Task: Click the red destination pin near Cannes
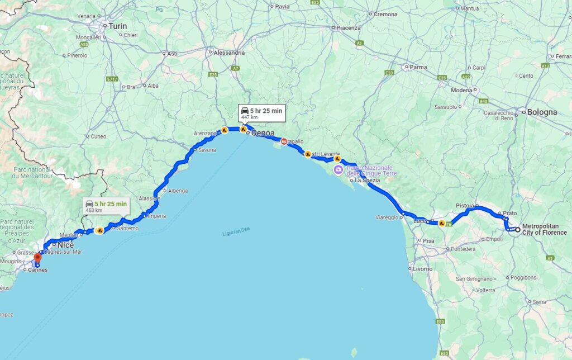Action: point(37,258)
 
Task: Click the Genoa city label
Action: point(263,134)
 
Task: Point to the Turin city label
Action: point(118,26)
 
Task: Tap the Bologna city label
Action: point(542,112)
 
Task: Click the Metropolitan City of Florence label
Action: point(544,229)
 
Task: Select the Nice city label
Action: point(66,245)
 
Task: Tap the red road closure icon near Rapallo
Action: point(284,142)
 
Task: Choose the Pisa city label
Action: point(428,241)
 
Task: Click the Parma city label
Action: point(418,67)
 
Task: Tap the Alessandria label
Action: point(230,53)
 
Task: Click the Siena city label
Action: point(539,302)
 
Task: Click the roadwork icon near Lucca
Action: point(441,223)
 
